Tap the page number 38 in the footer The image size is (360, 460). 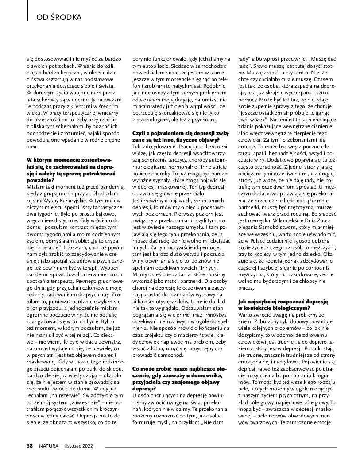point(30,446)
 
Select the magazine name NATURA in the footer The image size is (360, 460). point(48,446)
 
